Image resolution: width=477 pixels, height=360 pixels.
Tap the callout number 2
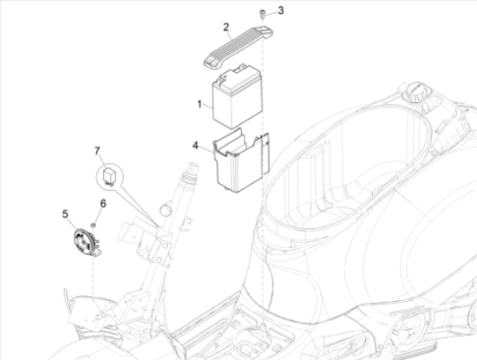pyautogui.click(x=226, y=27)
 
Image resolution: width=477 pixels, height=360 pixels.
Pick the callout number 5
pyautogui.click(x=64, y=213)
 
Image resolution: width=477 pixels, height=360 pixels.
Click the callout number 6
pyautogui.click(x=103, y=204)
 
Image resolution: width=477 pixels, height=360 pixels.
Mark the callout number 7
pyautogui.click(x=98, y=152)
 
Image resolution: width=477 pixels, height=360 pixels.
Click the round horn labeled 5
pyautogui.click(x=83, y=239)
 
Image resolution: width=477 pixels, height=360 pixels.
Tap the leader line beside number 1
pyautogui.click(x=208, y=103)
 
